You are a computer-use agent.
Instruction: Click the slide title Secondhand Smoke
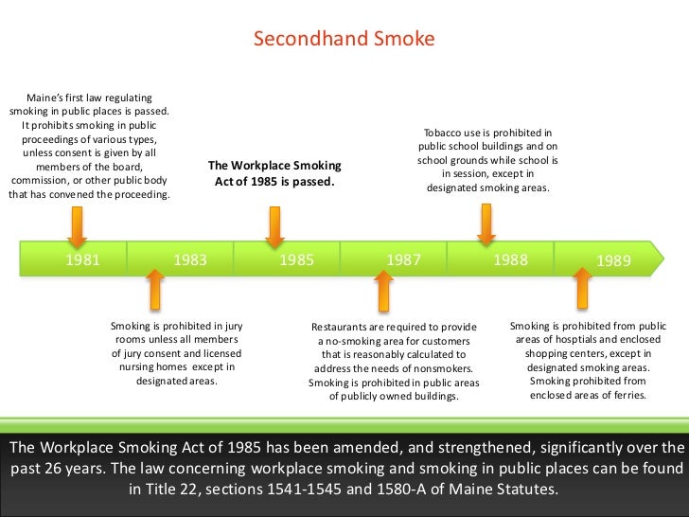point(344,40)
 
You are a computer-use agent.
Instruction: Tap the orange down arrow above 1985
point(274,227)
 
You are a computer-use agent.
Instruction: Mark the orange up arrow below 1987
point(382,290)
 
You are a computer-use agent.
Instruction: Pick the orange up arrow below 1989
point(583,288)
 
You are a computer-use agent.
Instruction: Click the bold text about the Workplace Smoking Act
point(274,173)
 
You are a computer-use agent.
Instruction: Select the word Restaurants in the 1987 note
point(343,328)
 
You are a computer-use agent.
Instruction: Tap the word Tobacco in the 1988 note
point(444,134)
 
